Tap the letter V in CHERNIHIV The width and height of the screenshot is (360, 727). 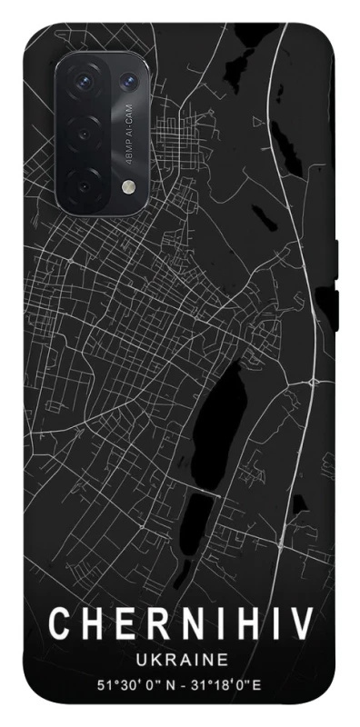301,624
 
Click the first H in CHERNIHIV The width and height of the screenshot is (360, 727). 89,624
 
